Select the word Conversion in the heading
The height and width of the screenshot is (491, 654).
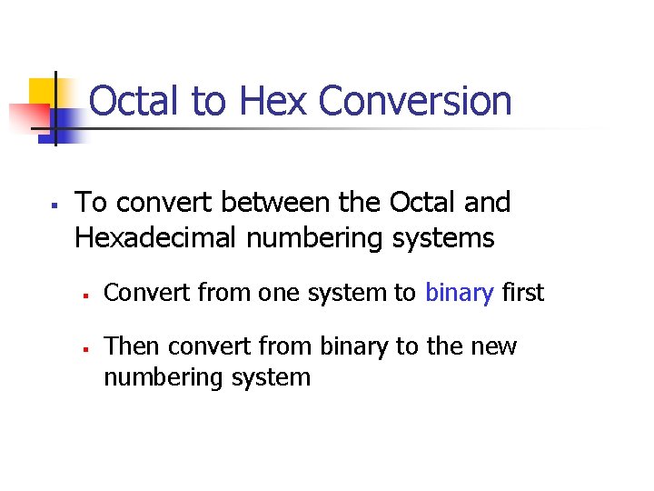coord(416,101)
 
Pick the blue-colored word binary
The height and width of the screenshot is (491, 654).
coord(459,293)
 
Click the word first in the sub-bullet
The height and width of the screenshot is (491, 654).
coord(523,293)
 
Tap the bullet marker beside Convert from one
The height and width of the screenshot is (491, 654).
coord(84,295)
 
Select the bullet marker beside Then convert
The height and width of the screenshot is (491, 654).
coord(84,348)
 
